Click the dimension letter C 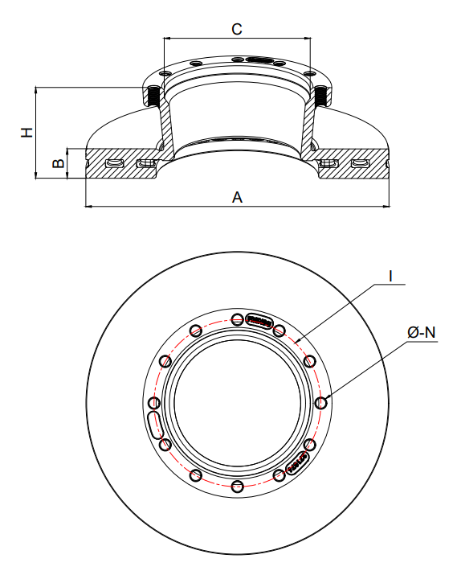pyautogui.click(x=237, y=29)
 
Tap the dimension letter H pyautogui.click(x=27, y=133)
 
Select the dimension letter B pyautogui.click(x=58, y=163)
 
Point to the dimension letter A pyautogui.click(x=237, y=197)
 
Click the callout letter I pyautogui.click(x=390, y=276)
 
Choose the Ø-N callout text pyautogui.click(x=422, y=333)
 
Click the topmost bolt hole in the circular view pyautogui.click(x=238, y=318)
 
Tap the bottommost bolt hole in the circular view pyautogui.click(x=238, y=487)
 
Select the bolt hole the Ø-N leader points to pyautogui.click(x=321, y=403)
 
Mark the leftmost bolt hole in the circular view pyautogui.click(x=154, y=403)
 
